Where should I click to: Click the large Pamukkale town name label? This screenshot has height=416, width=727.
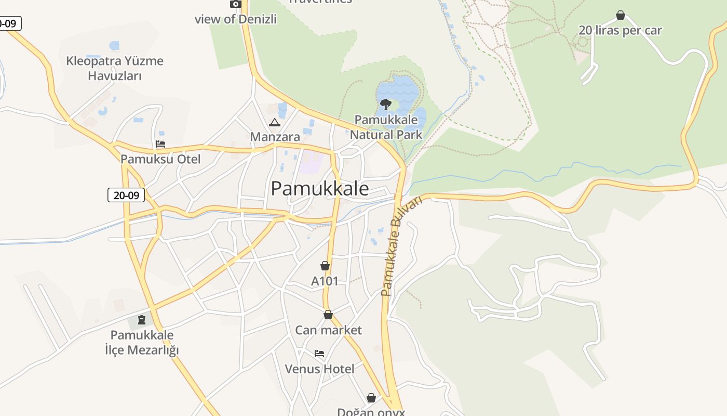click(x=320, y=188)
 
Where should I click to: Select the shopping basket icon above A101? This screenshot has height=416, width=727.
click(x=325, y=266)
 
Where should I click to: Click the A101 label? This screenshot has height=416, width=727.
click(x=325, y=281)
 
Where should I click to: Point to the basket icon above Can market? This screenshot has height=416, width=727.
click(x=328, y=315)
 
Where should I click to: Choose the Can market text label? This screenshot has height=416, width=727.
click(x=328, y=330)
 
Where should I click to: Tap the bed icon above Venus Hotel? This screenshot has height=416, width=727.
click(x=319, y=354)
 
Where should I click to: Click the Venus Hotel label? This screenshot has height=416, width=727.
click(x=319, y=369)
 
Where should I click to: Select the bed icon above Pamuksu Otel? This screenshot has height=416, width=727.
click(x=160, y=144)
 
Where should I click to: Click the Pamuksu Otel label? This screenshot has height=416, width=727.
click(x=160, y=159)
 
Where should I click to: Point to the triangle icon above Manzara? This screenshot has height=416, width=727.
click(x=275, y=123)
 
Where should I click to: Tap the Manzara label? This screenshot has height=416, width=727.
click(x=275, y=137)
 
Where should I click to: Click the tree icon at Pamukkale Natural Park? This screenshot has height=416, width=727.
click(x=385, y=105)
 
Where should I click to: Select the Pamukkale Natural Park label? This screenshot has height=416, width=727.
click(x=385, y=127)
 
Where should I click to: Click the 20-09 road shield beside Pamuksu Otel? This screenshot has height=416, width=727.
click(x=126, y=196)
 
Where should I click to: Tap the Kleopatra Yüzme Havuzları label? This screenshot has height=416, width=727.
click(x=115, y=68)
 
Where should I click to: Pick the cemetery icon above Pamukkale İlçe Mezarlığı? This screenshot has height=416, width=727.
click(x=142, y=319)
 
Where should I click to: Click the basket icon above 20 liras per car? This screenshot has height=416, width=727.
click(x=620, y=15)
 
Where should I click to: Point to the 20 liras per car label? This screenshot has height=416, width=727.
click(x=620, y=30)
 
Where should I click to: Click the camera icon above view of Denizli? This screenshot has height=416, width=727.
click(x=236, y=4)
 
